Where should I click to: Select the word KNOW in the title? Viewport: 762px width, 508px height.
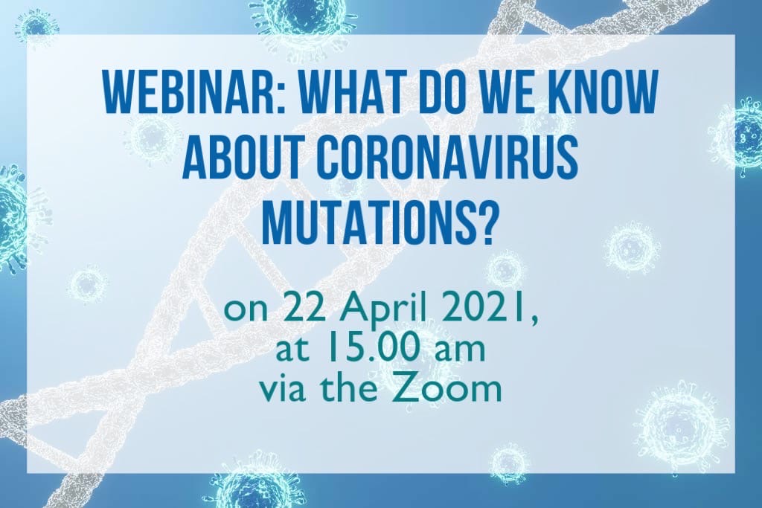click(x=604, y=92)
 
